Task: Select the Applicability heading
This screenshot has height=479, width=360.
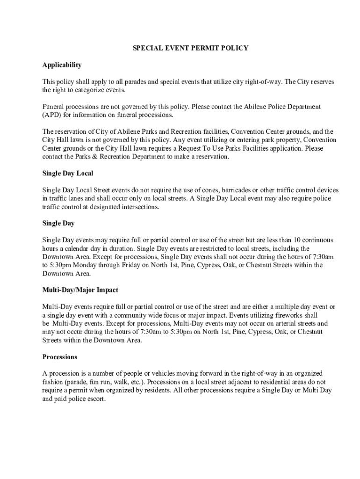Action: click(62, 65)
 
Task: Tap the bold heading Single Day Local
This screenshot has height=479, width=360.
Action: click(67, 173)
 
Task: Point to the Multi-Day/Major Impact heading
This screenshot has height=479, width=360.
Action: click(80, 290)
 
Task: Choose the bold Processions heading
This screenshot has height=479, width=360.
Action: click(59, 357)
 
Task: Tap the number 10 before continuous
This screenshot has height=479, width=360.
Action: click(284, 240)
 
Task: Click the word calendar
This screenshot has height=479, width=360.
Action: click(78, 248)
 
